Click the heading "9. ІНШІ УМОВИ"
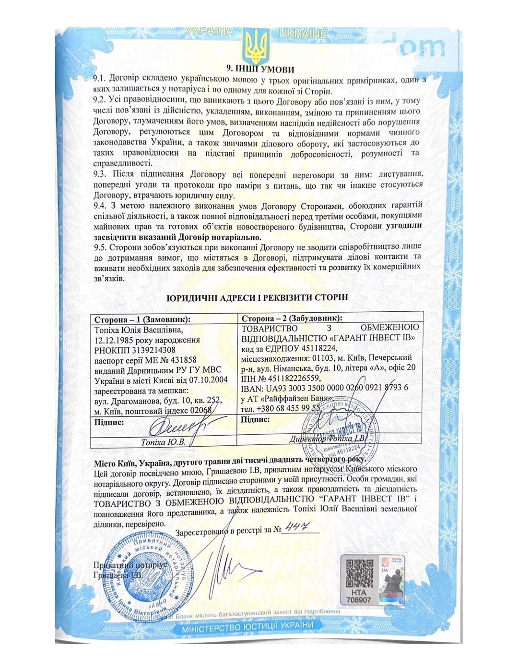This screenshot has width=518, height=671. [x=260, y=69]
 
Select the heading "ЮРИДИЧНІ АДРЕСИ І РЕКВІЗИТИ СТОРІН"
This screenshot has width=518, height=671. [x=257, y=298]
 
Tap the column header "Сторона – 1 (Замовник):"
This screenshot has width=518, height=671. [x=142, y=319]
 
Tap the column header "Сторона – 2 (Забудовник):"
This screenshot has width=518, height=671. [x=292, y=318]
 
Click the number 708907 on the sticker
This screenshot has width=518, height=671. [x=358, y=599]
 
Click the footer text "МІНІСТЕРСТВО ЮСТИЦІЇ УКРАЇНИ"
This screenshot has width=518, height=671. [x=247, y=626]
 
